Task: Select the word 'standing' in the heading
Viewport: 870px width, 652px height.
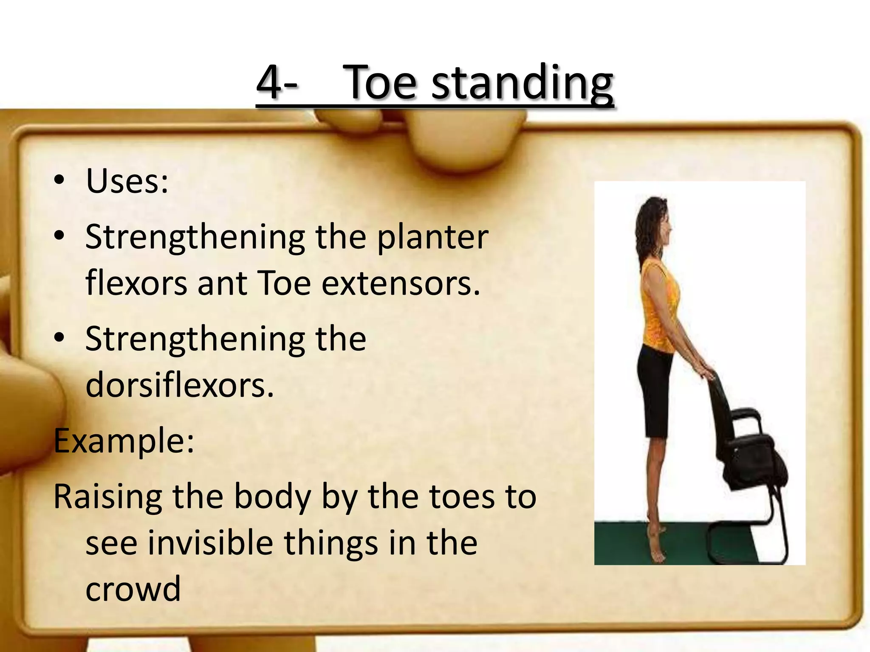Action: point(522,83)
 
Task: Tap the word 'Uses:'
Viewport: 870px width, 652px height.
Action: point(127,181)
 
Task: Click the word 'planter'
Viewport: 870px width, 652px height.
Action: point(432,238)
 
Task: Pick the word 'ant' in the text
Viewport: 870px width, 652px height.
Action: point(222,284)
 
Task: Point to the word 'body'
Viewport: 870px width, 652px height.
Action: point(272,497)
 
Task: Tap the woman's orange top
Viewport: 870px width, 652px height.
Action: point(659,306)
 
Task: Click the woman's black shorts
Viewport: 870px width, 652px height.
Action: point(656,395)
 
